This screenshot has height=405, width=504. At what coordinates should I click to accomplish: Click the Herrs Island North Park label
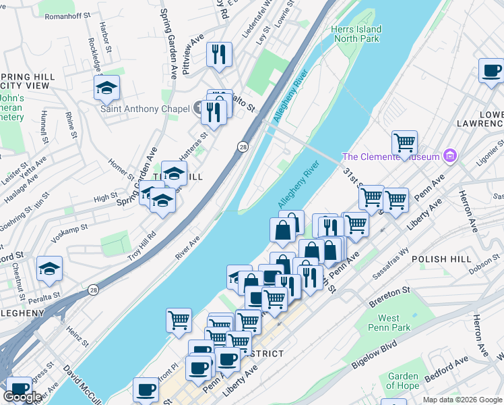coord(356,34)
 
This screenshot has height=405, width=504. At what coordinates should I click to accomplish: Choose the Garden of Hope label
coord(403,381)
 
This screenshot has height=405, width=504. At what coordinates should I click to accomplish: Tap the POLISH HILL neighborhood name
coord(439,259)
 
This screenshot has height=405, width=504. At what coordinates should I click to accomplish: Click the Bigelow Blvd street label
coord(374,354)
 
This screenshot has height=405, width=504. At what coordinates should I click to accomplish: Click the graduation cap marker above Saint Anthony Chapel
coord(106,87)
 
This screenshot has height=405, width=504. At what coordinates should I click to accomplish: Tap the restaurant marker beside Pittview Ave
coord(219,53)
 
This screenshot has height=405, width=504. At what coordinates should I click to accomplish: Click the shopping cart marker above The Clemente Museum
coord(404,142)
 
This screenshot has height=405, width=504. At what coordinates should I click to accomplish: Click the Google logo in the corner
coord(23,397)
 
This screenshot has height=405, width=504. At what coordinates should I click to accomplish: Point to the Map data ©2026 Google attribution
coord(462,400)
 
